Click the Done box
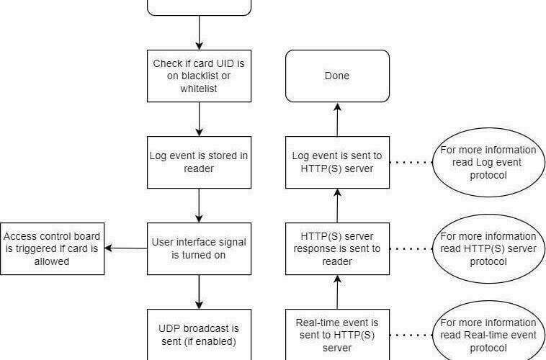click(x=337, y=76)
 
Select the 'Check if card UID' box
click(x=199, y=76)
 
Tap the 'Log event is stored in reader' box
click(x=199, y=162)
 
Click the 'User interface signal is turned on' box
click(x=199, y=248)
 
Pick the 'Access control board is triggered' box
click(x=52, y=248)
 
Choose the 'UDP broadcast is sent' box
click(x=199, y=335)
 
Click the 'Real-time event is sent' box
click(x=337, y=335)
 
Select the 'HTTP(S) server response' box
click(x=337, y=248)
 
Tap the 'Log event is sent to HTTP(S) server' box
click(x=337, y=162)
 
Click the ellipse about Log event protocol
click(x=488, y=162)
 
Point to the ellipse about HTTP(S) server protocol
click(x=488, y=248)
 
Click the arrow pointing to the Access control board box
click(x=126, y=248)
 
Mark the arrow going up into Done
click(x=337, y=120)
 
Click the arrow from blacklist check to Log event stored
click(x=199, y=119)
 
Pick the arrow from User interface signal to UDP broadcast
click(x=199, y=292)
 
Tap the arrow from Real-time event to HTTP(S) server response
click(x=337, y=292)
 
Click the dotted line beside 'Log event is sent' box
click(x=411, y=162)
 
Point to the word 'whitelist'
click(x=199, y=89)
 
